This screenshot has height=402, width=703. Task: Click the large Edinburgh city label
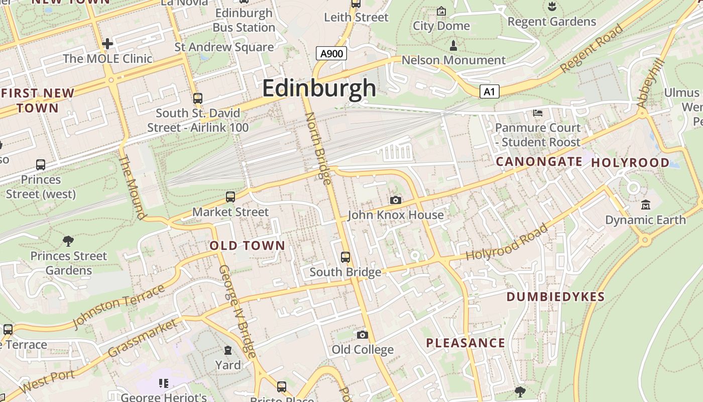[x=319, y=88]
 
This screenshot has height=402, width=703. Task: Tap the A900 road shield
[x=331, y=53]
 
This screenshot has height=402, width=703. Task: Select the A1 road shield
[x=490, y=91]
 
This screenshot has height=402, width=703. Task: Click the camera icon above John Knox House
[x=396, y=200]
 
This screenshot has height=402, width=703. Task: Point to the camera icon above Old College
[x=363, y=335]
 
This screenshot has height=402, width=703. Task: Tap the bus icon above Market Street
[x=230, y=197]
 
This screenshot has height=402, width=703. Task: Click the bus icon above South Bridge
[x=345, y=257]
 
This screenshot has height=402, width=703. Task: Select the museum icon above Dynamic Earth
[x=645, y=205]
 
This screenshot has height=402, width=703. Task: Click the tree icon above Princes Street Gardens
[x=68, y=241]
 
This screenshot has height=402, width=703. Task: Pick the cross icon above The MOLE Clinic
[x=107, y=44]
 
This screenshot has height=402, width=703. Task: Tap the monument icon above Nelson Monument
[x=453, y=46]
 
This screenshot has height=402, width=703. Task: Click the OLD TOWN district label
[x=247, y=246]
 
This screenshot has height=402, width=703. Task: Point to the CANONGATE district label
[x=539, y=162]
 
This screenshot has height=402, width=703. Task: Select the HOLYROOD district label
[x=630, y=163]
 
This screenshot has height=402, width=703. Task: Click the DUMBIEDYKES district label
[x=555, y=297]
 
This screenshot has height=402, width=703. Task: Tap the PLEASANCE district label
[x=465, y=343]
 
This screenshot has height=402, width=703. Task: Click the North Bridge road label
[x=318, y=148]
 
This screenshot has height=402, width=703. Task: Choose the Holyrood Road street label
[x=507, y=243]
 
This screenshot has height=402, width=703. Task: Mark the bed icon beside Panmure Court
[x=538, y=113]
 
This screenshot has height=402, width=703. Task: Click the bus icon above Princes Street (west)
[x=41, y=165]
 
